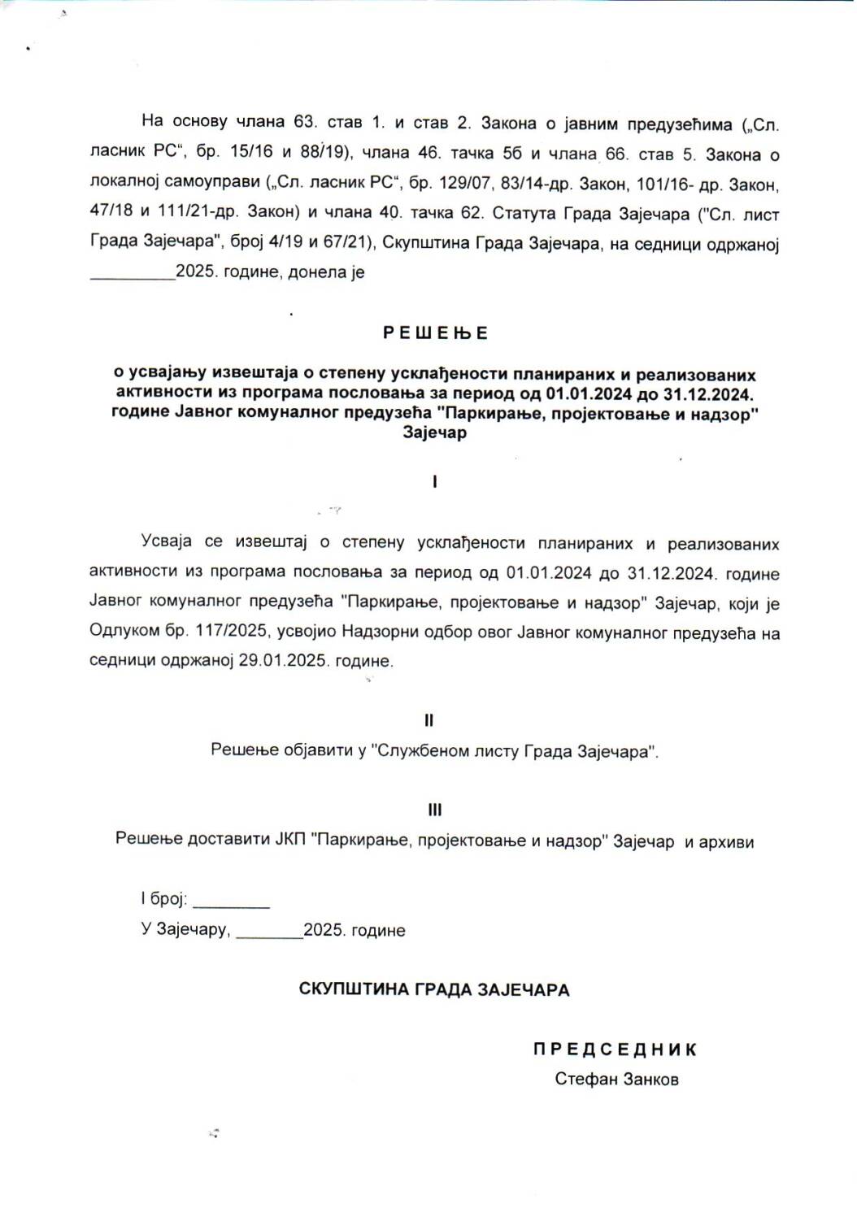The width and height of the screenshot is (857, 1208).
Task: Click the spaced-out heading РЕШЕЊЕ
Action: pos(435,333)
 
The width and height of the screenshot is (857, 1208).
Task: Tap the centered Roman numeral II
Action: pos(428,720)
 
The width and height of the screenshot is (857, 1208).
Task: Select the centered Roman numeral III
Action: pos(434,810)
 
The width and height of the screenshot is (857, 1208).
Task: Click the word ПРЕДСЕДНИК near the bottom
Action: pos(615,1049)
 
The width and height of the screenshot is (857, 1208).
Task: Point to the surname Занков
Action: pos(647,1080)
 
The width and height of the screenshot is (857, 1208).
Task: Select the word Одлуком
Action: pos(117,632)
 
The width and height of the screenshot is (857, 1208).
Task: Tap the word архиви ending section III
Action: pos(719,841)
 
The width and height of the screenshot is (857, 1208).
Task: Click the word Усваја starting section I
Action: pos(166,542)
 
